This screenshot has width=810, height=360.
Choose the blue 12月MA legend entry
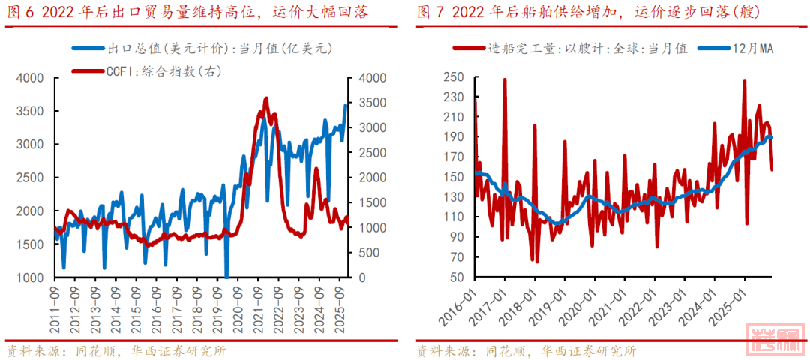[x=736, y=48]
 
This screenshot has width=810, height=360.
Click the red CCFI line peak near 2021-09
[x=266, y=98]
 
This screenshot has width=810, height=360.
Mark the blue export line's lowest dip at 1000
[x=226, y=277]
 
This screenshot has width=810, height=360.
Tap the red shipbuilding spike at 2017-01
[x=505, y=79]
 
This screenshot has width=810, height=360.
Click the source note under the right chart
[x=526, y=350]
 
